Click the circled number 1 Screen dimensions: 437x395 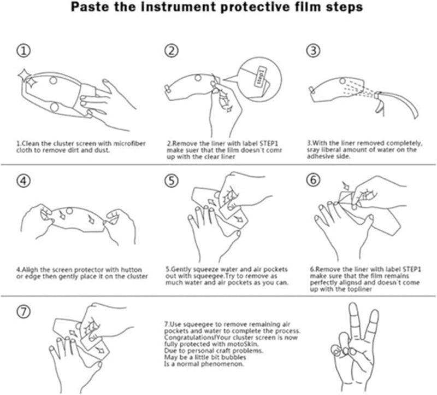point(23,51)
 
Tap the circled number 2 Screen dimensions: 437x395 point(171,51)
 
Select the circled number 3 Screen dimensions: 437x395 point(313,51)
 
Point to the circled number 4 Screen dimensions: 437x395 point(23,181)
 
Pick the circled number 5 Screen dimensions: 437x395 point(171,181)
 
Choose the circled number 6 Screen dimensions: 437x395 point(313,180)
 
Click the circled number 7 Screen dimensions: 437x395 point(23,311)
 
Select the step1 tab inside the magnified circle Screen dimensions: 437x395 point(260,77)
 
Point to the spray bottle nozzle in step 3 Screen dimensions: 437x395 point(377,95)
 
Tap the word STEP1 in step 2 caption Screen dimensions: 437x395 point(269,144)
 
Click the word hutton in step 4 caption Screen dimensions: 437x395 point(131,270)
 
